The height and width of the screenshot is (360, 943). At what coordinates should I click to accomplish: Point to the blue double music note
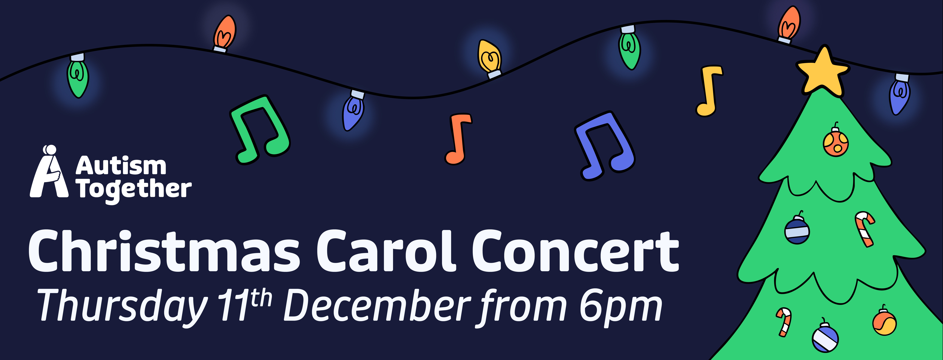pos(605,146)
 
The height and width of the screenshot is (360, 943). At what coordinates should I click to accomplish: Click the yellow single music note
pos(709,91)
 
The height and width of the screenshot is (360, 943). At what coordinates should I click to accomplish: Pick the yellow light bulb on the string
pos(489,59)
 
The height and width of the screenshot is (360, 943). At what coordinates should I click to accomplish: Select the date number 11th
pos(245,305)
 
